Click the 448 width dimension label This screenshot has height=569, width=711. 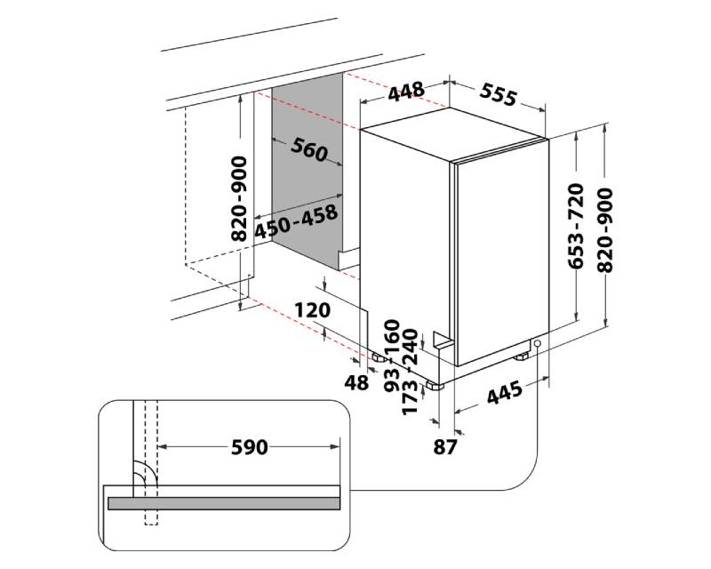pos(406,92)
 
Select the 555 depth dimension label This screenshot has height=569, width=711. pos(498,95)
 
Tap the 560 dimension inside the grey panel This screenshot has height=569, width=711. pos(308,149)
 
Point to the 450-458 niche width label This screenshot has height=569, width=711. pos(296,222)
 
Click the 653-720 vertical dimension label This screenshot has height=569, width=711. pos(576,226)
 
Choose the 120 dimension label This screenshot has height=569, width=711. pos(313,310)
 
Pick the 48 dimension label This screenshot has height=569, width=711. pos(356,383)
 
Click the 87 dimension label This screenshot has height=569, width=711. pos(445,447)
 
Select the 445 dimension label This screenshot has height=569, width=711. pos(504,392)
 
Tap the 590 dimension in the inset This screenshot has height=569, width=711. pos(250,447)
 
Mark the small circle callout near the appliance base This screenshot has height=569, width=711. pos(538,343)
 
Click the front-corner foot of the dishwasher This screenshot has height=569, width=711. pos(435,386)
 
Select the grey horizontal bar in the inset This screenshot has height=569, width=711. pos(224,503)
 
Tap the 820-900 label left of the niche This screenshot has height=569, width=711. pos(239,199)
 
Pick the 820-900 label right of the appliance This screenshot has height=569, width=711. pos(605,230)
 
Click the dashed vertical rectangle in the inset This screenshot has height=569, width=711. pos(151,463)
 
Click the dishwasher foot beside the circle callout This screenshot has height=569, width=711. pos(522,357)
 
